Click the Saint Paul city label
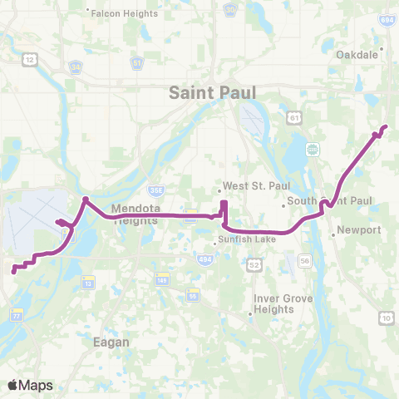point(212,92)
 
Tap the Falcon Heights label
point(116,11)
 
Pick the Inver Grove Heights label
point(274,304)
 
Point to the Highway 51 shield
point(136,62)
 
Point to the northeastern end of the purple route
point(385,126)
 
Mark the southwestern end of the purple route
point(13,269)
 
